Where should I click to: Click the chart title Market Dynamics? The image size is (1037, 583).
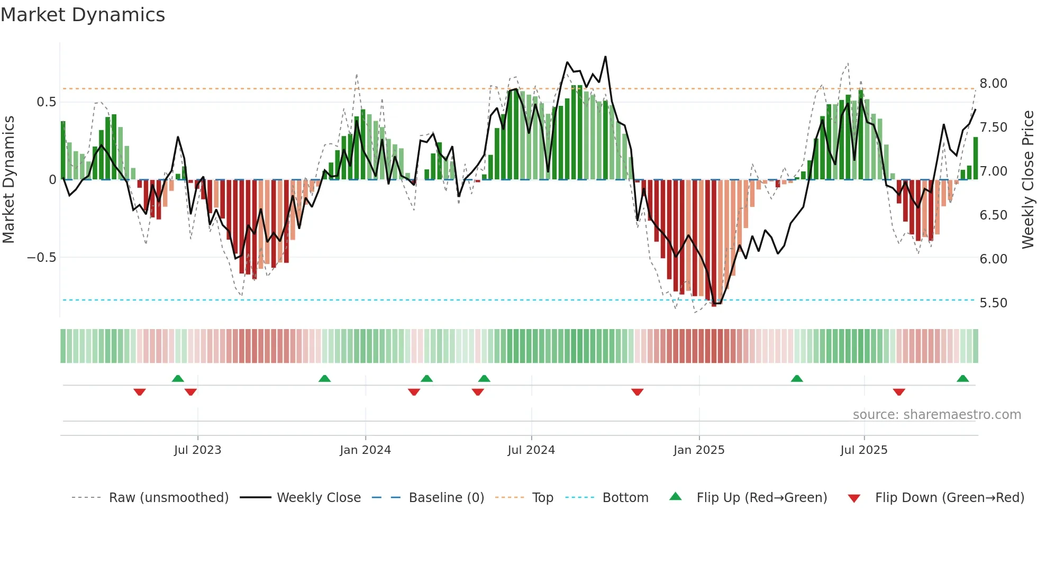pyautogui.click(x=83, y=15)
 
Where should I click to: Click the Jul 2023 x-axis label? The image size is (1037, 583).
pyautogui.click(x=197, y=450)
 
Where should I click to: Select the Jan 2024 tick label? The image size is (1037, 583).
pyautogui.click(x=365, y=450)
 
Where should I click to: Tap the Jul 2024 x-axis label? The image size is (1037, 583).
pyautogui.click(x=531, y=450)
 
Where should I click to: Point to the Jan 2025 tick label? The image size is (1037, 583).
pyautogui.click(x=699, y=450)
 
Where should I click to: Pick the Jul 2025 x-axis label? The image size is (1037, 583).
pyautogui.click(x=864, y=450)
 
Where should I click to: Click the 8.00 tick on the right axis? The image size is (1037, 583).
pyautogui.click(x=993, y=84)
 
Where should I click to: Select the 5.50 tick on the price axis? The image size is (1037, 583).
pyautogui.click(x=993, y=303)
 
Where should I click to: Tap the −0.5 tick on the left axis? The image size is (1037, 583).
pyautogui.click(x=42, y=258)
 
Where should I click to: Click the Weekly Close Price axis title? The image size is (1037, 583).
pyautogui.click(x=1027, y=179)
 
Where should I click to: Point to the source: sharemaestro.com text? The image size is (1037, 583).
pyautogui.click(x=936, y=415)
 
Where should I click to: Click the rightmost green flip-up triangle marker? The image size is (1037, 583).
pyautogui.click(x=962, y=379)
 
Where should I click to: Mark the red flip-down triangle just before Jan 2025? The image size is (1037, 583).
pyautogui.click(x=637, y=392)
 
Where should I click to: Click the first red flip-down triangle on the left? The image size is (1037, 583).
pyautogui.click(x=140, y=392)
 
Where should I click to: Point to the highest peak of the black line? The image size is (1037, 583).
pyautogui.click(x=605, y=57)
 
